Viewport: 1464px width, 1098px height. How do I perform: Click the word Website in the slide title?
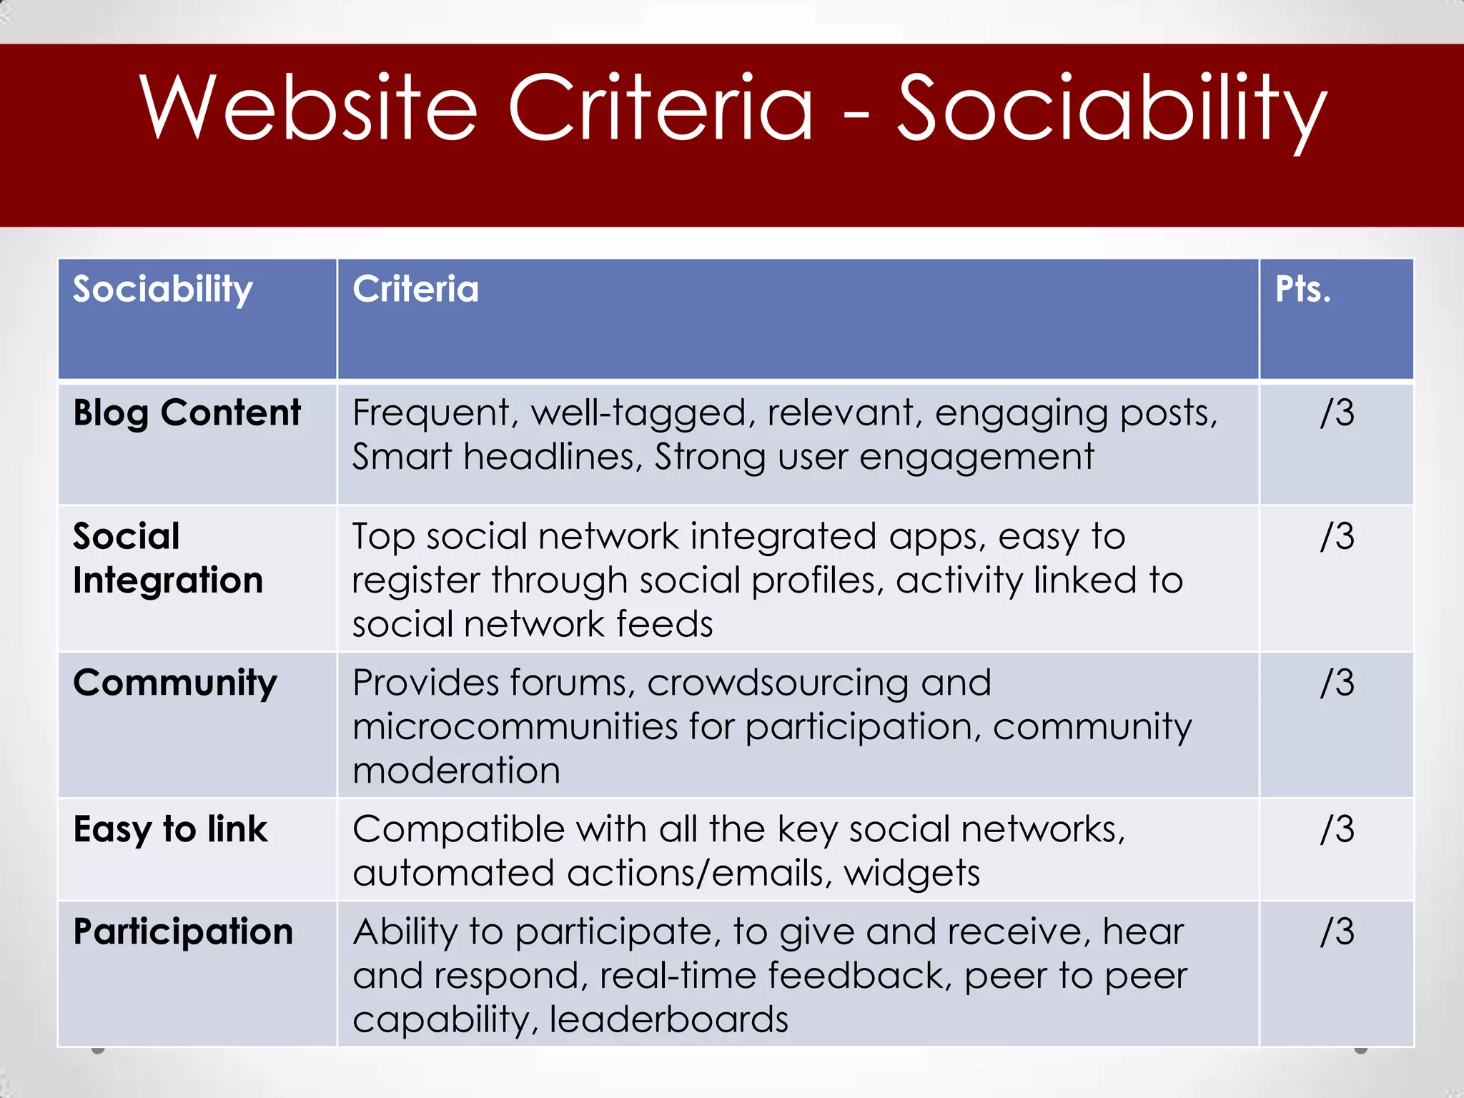tap(308, 109)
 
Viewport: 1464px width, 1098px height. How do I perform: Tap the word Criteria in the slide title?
tap(661, 109)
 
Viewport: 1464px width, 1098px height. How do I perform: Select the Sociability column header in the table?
tap(163, 290)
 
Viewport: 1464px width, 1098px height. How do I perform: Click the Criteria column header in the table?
tap(415, 290)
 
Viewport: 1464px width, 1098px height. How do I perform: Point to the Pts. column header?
tap(1302, 290)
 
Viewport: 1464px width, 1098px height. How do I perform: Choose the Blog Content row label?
tap(187, 413)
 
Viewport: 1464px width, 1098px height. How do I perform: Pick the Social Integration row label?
tap(168, 558)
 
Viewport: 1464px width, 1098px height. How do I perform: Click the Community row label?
tap(175, 683)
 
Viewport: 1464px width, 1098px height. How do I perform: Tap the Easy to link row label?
tap(170, 830)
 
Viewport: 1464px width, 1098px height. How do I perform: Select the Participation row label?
tap(183, 932)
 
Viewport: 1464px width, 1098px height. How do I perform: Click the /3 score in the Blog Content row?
tap(1337, 413)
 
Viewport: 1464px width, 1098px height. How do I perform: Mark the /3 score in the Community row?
tap(1337, 683)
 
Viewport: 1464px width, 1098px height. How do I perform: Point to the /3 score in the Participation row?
tap(1337, 932)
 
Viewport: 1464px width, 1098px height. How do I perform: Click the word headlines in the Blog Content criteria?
tap(553, 457)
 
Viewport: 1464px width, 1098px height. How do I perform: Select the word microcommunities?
tap(515, 727)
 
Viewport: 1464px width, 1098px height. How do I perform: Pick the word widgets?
tap(911, 874)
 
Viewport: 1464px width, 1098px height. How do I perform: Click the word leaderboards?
tap(668, 1019)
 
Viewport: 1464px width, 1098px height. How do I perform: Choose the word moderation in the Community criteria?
tap(456, 771)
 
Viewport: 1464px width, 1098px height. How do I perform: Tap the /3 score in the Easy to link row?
tap(1337, 830)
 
